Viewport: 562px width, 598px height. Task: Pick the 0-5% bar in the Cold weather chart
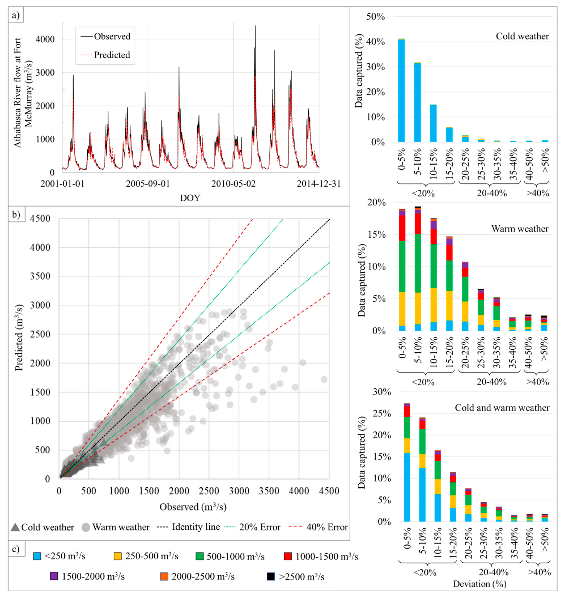tap(401, 90)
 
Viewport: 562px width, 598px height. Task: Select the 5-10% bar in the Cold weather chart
tap(417, 102)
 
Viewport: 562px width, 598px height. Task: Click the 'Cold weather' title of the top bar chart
tap(522, 36)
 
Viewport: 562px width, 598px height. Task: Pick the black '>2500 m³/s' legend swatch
tap(271, 577)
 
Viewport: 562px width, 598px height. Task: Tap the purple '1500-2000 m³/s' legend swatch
tap(54, 577)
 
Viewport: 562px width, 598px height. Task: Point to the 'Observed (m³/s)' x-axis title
tap(193, 507)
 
